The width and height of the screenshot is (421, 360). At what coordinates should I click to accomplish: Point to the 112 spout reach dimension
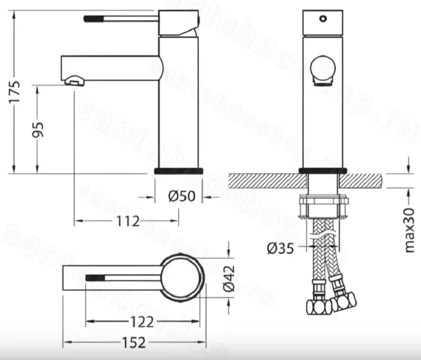click(x=127, y=221)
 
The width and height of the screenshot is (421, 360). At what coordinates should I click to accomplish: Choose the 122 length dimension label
click(x=142, y=322)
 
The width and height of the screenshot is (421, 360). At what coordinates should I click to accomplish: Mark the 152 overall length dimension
click(x=133, y=343)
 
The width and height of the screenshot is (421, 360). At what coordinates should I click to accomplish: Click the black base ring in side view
click(x=179, y=171)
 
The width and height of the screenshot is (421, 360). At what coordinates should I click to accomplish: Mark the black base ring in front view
click(x=323, y=171)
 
